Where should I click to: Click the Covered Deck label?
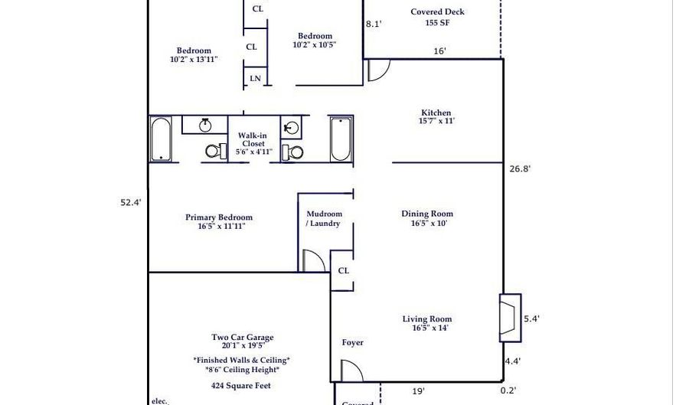[437, 12]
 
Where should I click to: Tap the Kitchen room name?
[436, 113]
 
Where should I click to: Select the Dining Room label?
[427, 214]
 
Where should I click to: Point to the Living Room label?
[427, 319]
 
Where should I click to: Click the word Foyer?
[352, 343]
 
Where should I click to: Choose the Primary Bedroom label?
[218, 217]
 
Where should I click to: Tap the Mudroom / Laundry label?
[325, 219]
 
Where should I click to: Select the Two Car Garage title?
[242, 337]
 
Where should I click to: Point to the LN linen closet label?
[255, 78]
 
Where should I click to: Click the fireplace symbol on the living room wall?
[509, 318]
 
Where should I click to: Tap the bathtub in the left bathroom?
[161, 139]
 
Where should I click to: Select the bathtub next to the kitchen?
[341, 139]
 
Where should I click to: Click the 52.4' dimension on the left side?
[131, 203]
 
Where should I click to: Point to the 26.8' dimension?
[520, 169]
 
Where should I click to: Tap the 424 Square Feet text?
[242, 386]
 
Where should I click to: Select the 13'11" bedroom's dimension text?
[194, 59]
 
